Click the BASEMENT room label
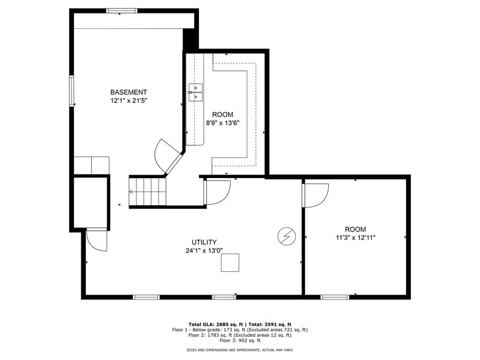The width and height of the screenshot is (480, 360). point(129,92)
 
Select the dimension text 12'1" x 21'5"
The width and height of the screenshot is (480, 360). point(129,100)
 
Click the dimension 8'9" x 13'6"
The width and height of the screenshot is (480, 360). point(222,122)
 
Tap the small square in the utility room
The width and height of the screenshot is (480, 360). point(231,263)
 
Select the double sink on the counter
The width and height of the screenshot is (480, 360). point(195,92)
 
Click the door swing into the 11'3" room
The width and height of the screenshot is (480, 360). point(315,195)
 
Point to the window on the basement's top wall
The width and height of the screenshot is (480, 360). point(122,10)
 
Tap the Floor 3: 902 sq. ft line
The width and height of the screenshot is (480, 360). point(239,340)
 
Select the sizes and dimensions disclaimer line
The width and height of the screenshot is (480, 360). point(239,350)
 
